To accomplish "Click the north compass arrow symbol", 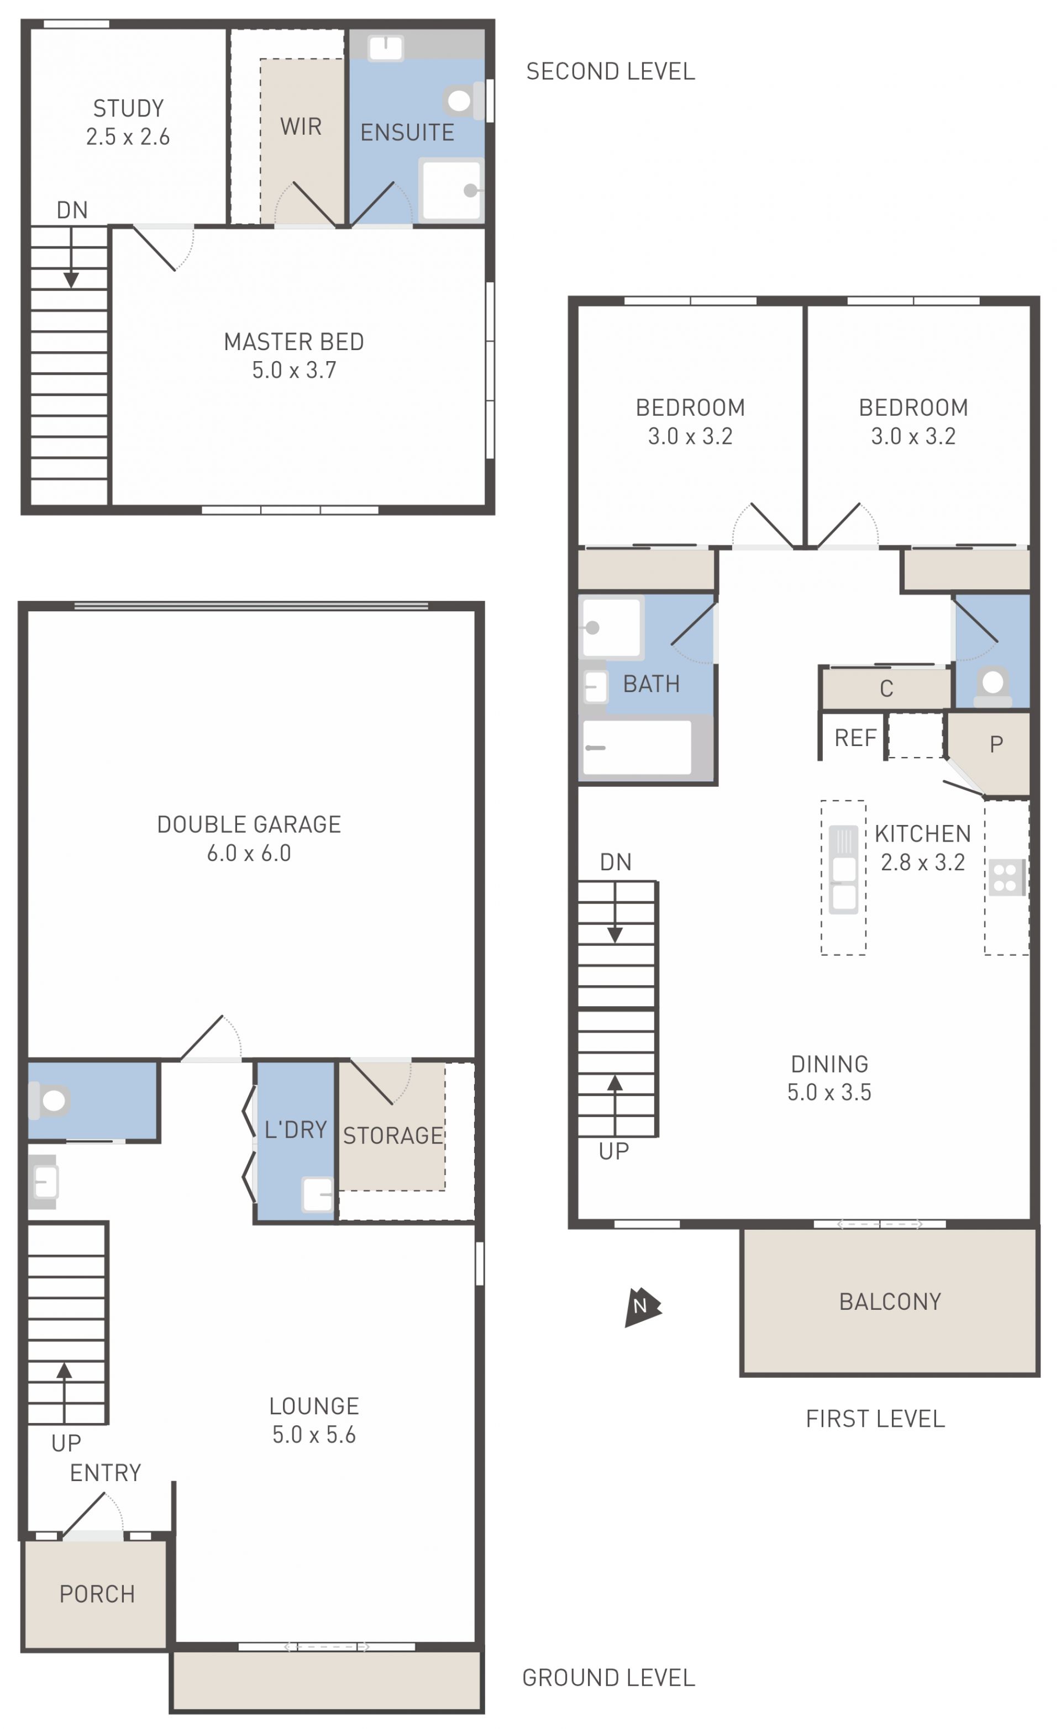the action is pos(642,1307).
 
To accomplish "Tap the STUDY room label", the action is pos(129,108).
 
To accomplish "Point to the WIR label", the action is pos(301,126).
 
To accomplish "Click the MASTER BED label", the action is pos(294,342).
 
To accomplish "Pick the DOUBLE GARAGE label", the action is pos(249,824).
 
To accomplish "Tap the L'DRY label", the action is pos(296,1130).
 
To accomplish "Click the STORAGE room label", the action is pos(392,1135).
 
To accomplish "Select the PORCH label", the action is pos(97,1594).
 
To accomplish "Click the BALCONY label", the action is pos(890,1302).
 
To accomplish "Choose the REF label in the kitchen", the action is pos(855,738).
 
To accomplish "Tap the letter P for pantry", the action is pos(996,744).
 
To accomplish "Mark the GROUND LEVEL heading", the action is pos(608,1678).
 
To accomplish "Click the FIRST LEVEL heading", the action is pos(875,1419).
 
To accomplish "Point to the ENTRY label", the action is pos(106,1472).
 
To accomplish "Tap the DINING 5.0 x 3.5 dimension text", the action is pos(829,1092).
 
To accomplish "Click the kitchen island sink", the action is pos(843,870).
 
